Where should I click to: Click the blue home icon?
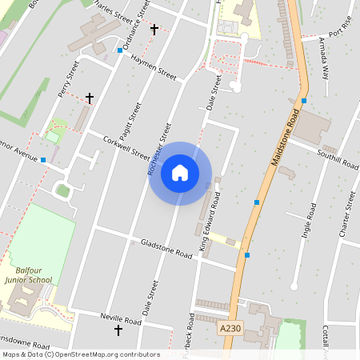pos(180,173)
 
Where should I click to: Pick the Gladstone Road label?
pos(166,248)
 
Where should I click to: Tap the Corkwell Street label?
pos(126,146)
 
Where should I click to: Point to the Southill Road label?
pos(338,157)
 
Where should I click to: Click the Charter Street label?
pos(347,214)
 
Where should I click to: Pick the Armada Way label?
pos(323,58)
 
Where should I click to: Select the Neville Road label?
pos(121,318)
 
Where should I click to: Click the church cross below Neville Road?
pos(118,330)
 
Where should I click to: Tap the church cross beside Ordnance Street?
pos(154,30)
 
